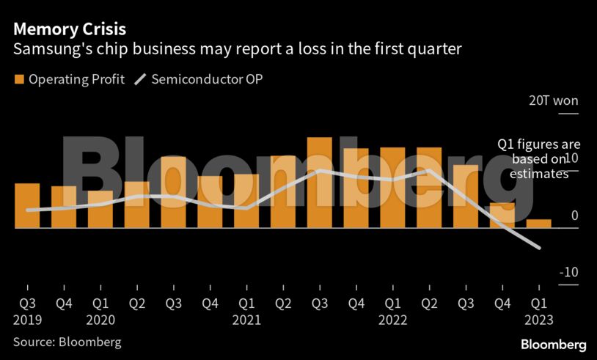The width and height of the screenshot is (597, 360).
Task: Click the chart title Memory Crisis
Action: (x=69, y=30)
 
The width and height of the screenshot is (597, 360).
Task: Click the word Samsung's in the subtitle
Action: (x=45, y=50)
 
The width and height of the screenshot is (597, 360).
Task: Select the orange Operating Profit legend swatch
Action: (x=18, y=78)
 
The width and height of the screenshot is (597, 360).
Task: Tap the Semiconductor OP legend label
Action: (x=207, y=78)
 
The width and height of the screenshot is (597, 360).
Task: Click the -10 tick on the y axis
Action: (x=568, y=273)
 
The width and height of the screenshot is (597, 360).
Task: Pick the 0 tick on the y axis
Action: (x=574, y=216)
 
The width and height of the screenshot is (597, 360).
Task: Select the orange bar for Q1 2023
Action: (x=539, y=224)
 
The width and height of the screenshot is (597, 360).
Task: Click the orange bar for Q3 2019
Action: (x=27, y=206)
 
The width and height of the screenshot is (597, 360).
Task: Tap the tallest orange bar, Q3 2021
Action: (x=320, y=183)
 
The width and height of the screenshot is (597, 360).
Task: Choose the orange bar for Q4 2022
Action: (x=502, y=216)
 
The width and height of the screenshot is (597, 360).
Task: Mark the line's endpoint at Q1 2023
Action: (x=540, y=248)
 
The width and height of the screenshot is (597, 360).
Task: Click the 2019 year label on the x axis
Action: (x=27, y=320)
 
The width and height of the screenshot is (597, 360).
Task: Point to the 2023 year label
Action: (x=539, y=320)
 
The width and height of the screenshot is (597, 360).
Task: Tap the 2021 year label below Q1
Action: (x=247, y=320)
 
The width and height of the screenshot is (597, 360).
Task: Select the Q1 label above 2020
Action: (x=100, y=303)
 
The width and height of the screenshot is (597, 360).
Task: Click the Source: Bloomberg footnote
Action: (x=67, y=342)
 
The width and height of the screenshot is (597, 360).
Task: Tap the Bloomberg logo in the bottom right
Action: (x=553, y=345)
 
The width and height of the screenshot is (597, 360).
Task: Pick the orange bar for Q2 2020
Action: (x=137, y=205)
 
